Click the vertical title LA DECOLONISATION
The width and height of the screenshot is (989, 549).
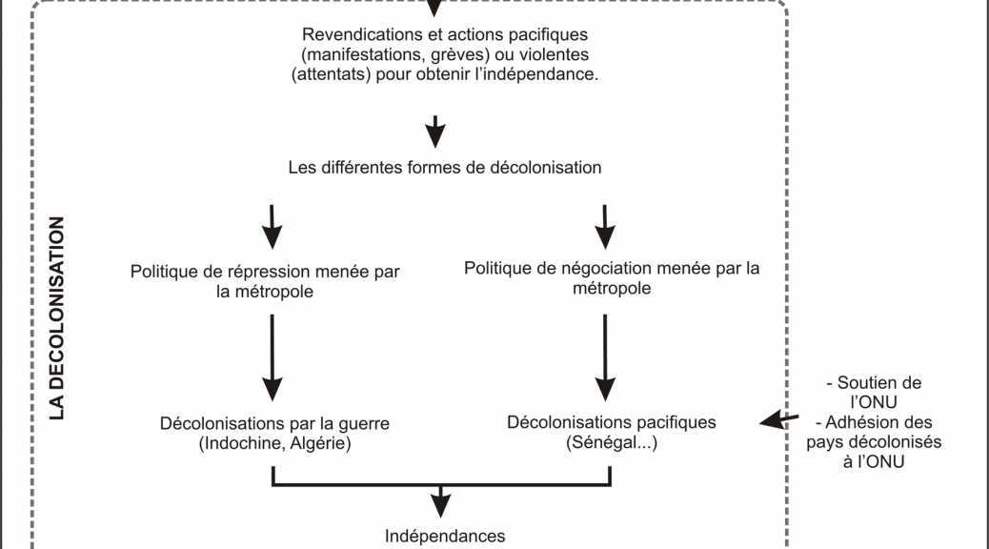point(57,318)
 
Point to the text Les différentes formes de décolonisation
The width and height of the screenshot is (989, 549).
point(445,168)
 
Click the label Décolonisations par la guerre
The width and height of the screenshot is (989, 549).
point(274,423)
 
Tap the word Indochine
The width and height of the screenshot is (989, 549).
point(237,443)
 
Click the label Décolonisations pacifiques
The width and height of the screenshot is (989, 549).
point(611,423)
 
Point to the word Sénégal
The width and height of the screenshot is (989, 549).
point(604,442)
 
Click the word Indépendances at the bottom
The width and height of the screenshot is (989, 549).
point(445,537)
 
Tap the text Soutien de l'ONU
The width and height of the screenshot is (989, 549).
point(874,393)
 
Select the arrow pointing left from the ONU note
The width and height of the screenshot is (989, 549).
point(779,419)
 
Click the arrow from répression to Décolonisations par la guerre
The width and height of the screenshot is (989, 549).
point(272,357)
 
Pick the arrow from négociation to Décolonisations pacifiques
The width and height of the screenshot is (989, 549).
point(605,357)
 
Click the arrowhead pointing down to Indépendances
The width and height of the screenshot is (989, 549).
point(440,505)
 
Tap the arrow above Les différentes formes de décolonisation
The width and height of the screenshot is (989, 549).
point(435,132)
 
